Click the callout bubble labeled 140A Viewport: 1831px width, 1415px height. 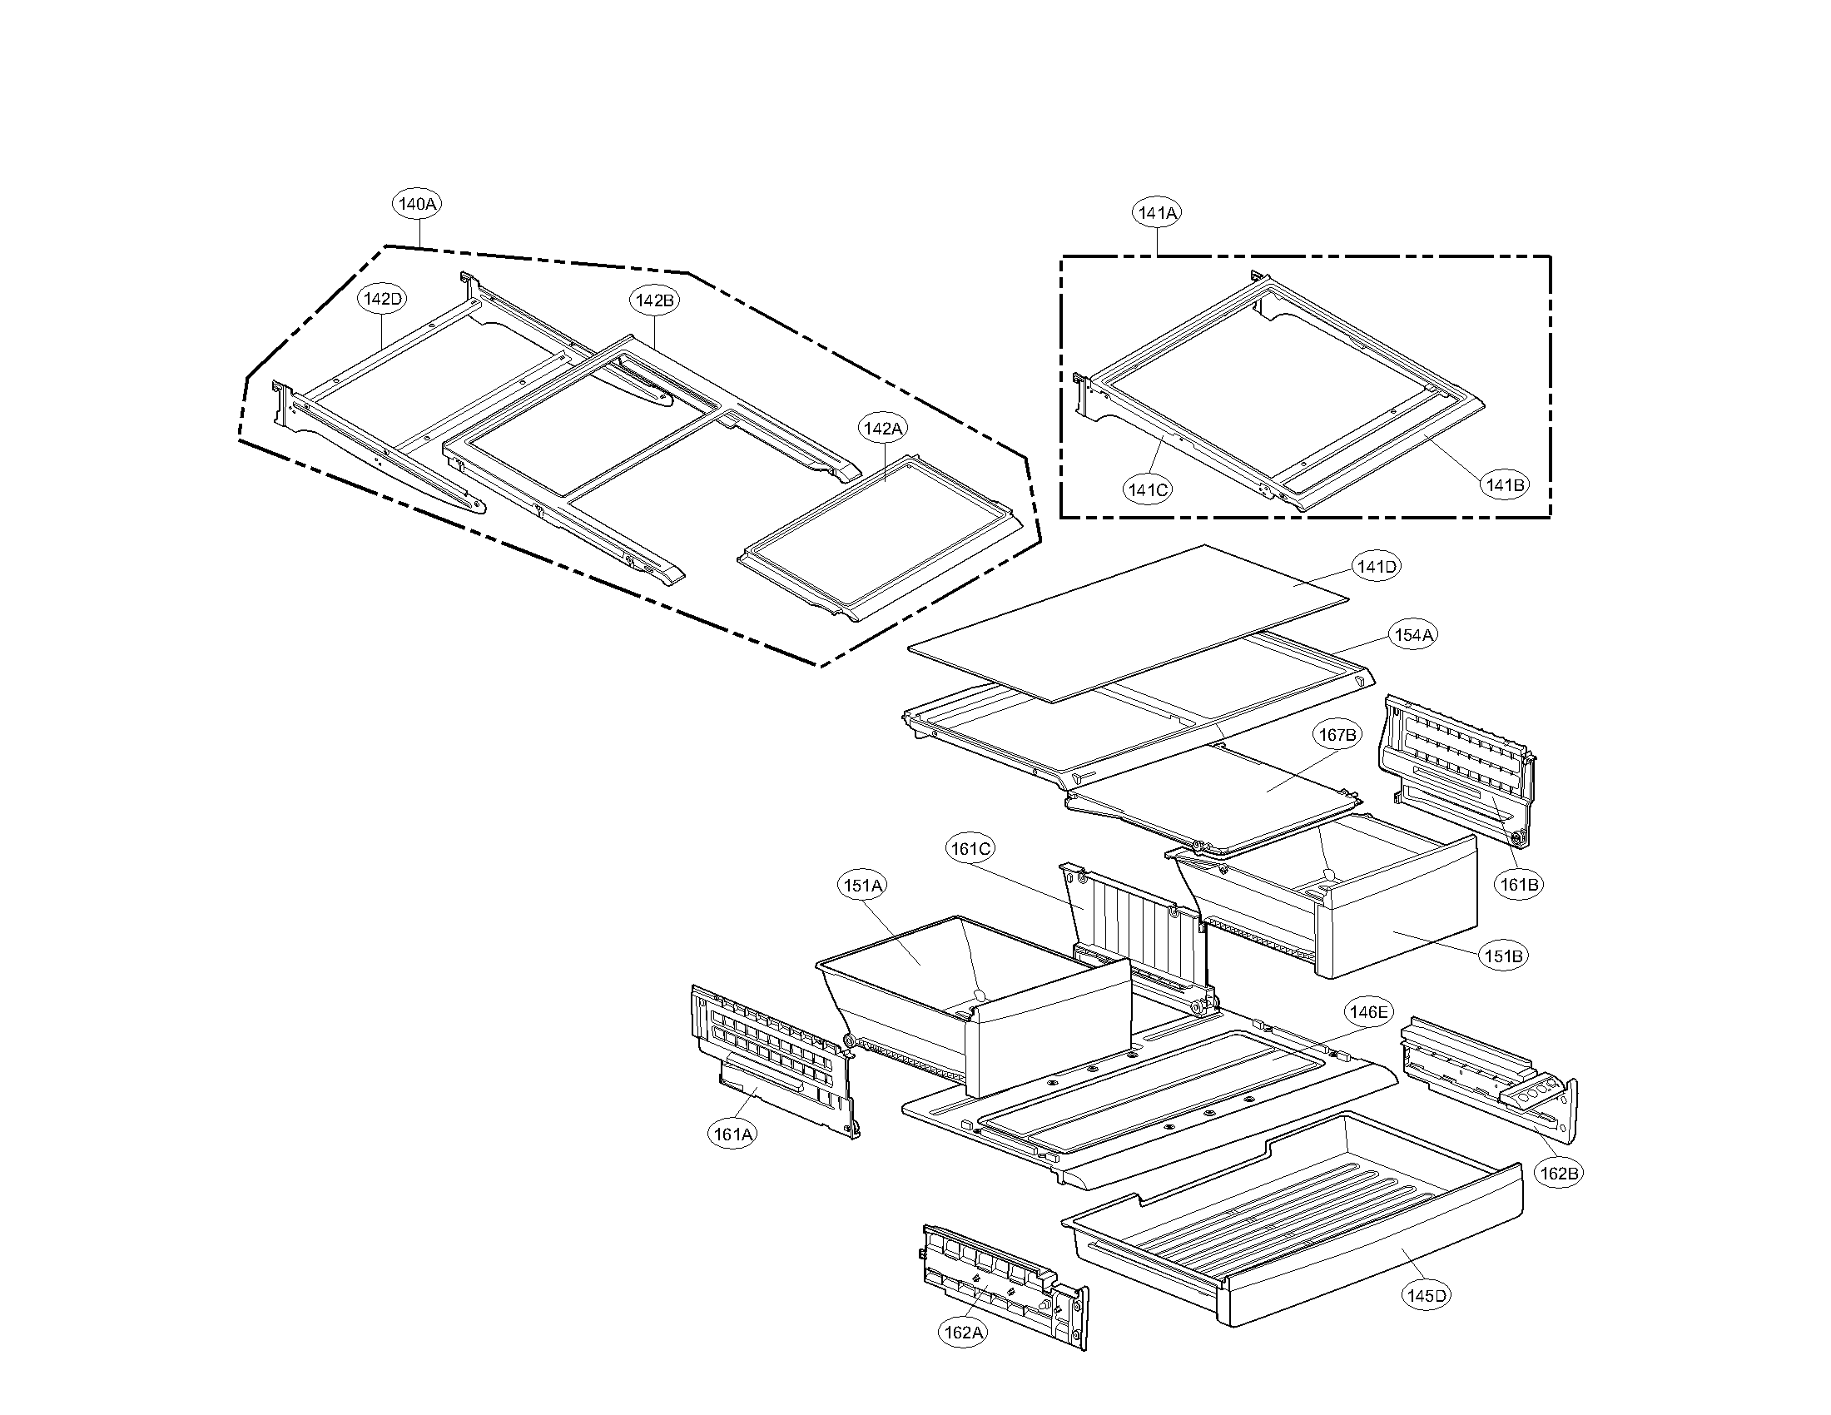[x=418, y=204]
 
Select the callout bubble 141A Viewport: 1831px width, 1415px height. [x=1157, y=213]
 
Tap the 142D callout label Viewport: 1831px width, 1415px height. [x=383, y=299]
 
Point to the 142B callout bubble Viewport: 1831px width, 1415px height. [x=654, y=300]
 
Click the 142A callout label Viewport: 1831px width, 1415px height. [x=882, y=429]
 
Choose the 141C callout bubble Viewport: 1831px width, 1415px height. [x=1147, y=489]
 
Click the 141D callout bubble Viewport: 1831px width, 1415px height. [x=1377, y=566]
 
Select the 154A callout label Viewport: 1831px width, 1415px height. [x=1413, y=635]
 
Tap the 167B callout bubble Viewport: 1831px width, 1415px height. [x=1337, y=735]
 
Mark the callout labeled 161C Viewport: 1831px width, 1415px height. [x=970, y=848]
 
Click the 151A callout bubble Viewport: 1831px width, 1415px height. [x=863, y=886]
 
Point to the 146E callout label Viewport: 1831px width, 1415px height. [x=1367, y=1012]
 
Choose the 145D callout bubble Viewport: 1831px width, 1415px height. [x=1427, y=1295]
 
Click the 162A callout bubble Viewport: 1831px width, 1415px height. [x=962, y=1332]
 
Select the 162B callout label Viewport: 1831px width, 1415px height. [x=1560, y=1174]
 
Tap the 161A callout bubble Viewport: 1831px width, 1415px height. [x=732, y=1134]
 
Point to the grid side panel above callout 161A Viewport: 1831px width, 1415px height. [x=772, y=1056]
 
